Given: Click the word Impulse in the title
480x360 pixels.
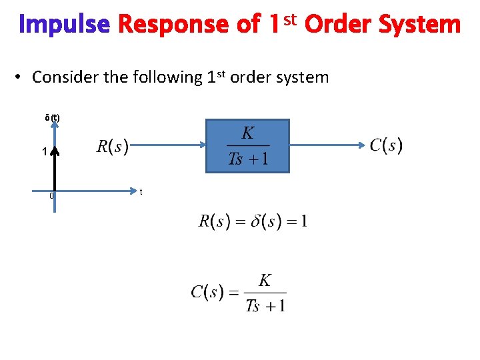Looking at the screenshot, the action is (x=64, y=25).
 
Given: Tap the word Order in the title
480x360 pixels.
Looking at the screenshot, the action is (x=338, y=25).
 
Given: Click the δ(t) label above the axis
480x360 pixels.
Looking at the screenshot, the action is (x=52, y=118).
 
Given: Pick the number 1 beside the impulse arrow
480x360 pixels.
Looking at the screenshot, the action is (x=44, y=152).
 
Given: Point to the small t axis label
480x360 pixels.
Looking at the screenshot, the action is (x=141, y=192).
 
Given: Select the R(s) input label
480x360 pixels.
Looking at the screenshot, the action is (x=113, y=146).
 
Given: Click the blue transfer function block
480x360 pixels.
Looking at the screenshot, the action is (x=247, y=146).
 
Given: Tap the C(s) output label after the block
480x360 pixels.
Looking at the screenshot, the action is (x=386, y=145).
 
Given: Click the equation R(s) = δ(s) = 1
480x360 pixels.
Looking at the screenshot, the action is (x=253, y=221).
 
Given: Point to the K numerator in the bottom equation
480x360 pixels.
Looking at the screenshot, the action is (x=265, y=281).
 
